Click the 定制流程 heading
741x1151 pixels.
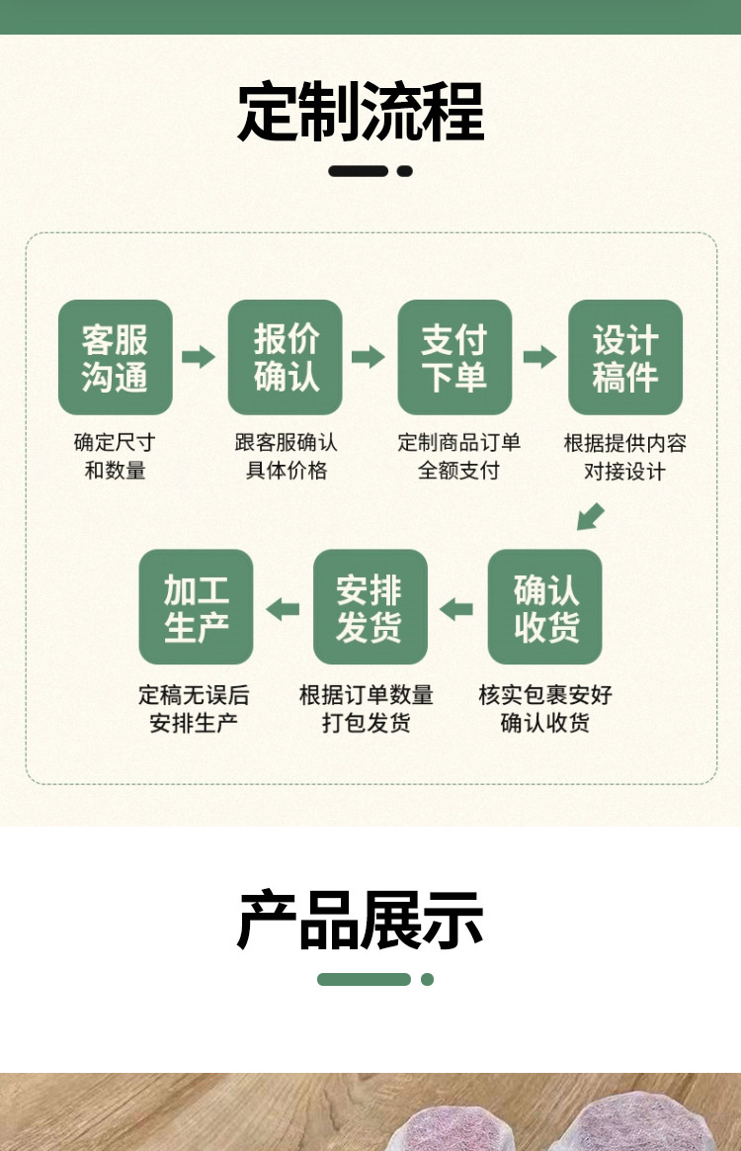coord(361,112)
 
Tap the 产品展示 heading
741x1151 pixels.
coord(361,920)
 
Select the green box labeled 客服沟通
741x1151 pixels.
coord(116,357)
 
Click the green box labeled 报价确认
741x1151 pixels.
coord(286,357)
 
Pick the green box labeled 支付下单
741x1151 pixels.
coord(454,357)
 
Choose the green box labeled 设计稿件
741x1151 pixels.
coord(624,357)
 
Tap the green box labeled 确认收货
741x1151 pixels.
coord(545,607)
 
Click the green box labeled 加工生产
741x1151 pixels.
coord(196,607)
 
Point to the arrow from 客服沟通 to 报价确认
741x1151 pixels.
coord(199,357)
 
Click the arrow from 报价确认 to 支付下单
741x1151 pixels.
coord(369,357)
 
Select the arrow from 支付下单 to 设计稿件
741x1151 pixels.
coord(539,357)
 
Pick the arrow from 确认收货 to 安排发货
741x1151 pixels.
coord(456,608)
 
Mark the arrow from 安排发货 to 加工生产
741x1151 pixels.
coord(283,608)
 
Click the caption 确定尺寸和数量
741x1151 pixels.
coord(115,457)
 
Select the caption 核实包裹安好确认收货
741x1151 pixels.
coord(545,709)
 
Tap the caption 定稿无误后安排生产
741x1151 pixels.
coord(194,709)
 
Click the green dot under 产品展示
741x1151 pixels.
coord(427,979)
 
